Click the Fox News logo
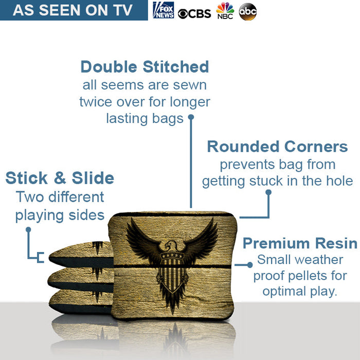[x=163, y=10]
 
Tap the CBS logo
[x=194, y=13]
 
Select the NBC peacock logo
[x=225, y=10]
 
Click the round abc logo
[x=248, y=11]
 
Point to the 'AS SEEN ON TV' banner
[x=73, y=10]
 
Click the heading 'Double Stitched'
[x=145, y=67]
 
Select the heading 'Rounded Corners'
[x=277, y=147]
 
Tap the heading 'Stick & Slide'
[x=60, y=178]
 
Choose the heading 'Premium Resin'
[x=300, y=243]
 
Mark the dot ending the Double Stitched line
[x=191, y=117]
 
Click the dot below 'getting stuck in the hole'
[x=268, y=192]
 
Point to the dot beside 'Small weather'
[x=250, y=265]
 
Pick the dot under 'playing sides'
[x=28, y=229]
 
